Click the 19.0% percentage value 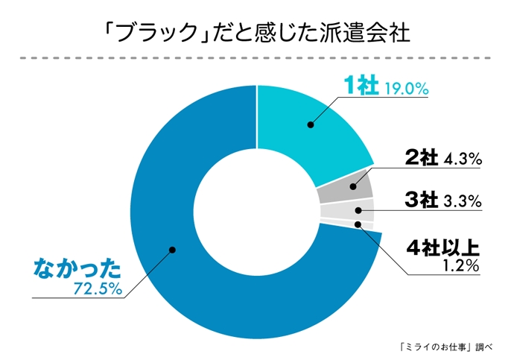tap(407, 89)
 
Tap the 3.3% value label tap(463, 201)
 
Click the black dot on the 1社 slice tap(310, 125)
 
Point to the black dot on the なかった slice tap(171, 250)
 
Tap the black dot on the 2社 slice tap(346, 189)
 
